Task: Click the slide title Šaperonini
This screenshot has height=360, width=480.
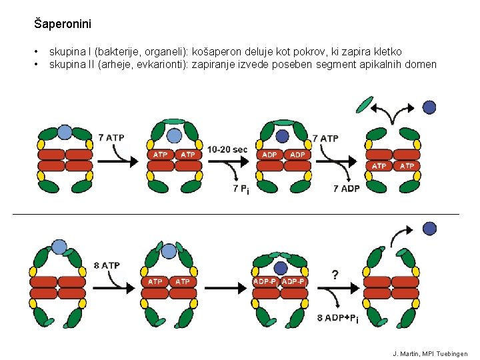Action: (63, 25)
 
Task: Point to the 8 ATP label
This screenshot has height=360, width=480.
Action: (107, 265)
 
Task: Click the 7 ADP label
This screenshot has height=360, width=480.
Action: (346, 189)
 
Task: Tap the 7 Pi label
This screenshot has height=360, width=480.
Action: (241, 189)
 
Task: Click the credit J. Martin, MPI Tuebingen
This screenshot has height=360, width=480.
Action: (430, 353)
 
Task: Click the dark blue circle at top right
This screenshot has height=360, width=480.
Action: (429, 107)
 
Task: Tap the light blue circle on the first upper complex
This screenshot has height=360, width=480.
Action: (65, 132)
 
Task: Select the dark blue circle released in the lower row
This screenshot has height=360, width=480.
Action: (429, 229)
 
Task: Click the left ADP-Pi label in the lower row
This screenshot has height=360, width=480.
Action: (265, 282)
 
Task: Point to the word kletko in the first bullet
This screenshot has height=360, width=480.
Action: (387, 51)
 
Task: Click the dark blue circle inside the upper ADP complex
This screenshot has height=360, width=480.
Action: (282, 136)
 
